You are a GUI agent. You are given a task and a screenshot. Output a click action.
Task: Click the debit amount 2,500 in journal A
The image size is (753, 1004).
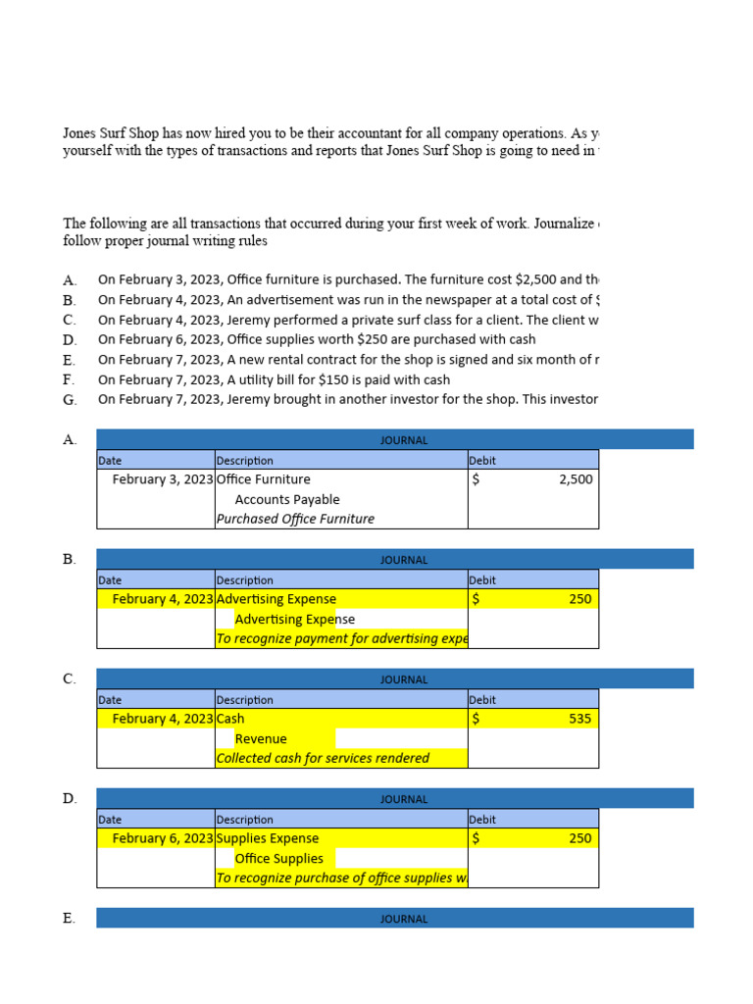pyautogui.click(x=576, y=479)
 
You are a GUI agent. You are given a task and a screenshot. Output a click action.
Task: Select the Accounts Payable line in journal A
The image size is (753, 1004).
pyautogui.click(x=287, y=499)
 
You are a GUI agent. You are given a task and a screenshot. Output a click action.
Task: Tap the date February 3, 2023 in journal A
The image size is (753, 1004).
pyautogui.click(x=162, y=479)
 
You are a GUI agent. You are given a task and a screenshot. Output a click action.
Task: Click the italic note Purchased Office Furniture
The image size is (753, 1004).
pyautogui.click(x=295, y=519)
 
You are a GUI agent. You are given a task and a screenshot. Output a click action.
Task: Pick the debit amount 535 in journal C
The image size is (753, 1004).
pyautogui.click(x=579, y=719)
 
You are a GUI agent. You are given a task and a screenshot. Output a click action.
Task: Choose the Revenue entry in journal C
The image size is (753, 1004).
pyautogui.click(x=261, y=738)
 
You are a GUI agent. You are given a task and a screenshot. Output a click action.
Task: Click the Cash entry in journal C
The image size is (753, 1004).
pyautogui.click(x=230, y=719)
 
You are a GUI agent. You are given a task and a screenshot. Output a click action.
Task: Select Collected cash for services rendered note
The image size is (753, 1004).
pyautogui.click(x=323, y=758)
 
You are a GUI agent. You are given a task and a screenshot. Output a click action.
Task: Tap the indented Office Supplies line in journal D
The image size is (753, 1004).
pyautogui.click(x=278, y=858)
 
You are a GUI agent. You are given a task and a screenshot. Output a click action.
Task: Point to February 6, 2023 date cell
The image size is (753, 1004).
pyautogui.click(x=162, y=838)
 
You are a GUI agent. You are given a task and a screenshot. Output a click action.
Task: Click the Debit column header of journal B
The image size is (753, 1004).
pyautogui.click(x=482, y=580)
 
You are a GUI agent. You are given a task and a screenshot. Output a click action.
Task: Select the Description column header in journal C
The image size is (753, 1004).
pyautogui.click(x=245, y=700)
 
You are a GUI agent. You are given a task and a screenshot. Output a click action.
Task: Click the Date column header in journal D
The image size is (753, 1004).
pyautogui.click(x=110, y=820)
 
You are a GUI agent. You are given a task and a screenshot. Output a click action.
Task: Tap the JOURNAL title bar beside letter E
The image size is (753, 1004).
pyautogui.click(x=404, y=919)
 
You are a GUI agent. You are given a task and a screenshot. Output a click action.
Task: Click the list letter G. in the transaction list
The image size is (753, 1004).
pyautogui.click(x=69, y=400)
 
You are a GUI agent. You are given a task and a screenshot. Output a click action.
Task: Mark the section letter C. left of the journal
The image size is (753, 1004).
pyautogui.click(x=69, y=678)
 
